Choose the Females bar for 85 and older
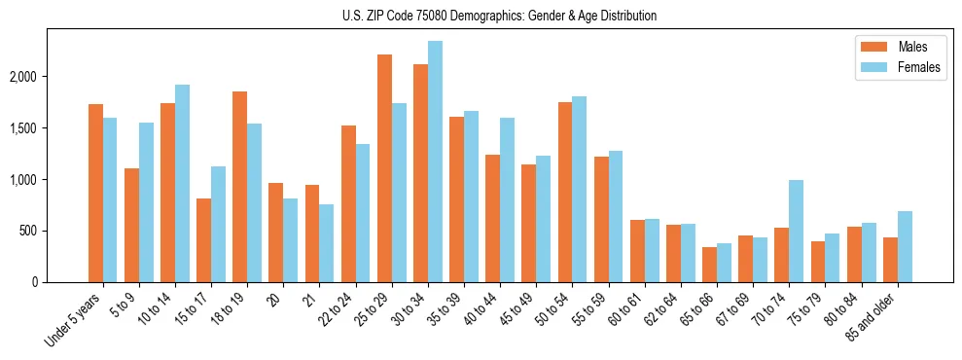point(905,247)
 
